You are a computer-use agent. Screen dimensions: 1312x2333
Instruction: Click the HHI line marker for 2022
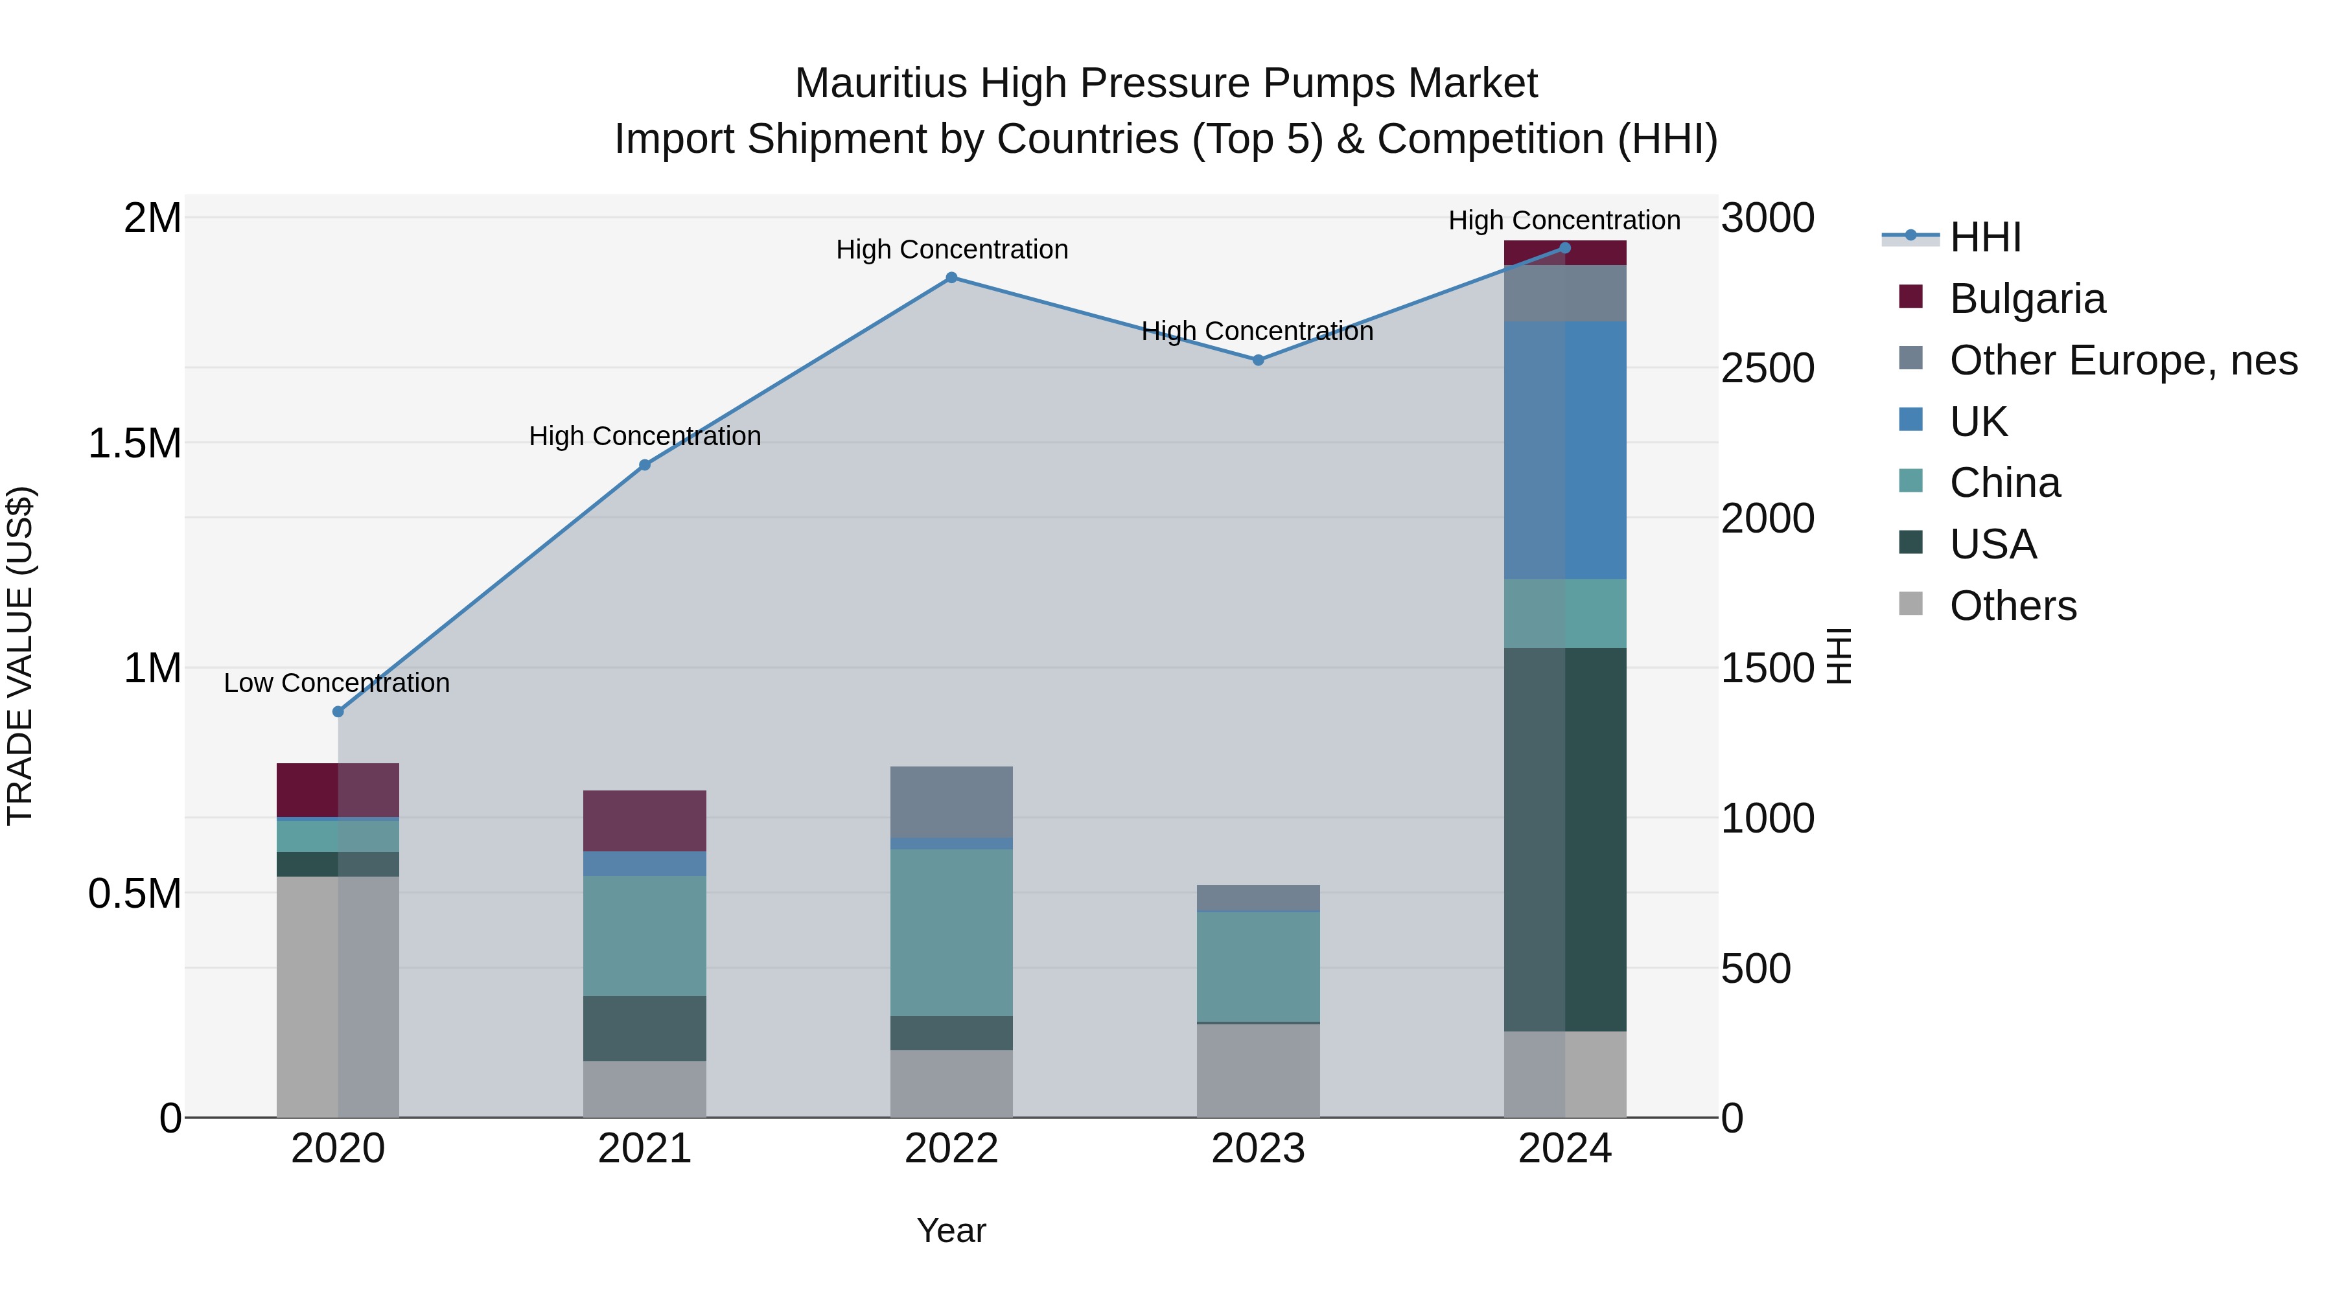(951, 278)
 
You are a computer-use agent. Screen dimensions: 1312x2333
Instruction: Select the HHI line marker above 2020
(338, 711)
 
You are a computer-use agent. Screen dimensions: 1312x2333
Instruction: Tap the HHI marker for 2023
(1258, 360)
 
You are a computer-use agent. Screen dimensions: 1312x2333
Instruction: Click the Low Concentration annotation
(337, 683)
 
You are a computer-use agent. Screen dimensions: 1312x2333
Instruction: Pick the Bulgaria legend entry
(2027, 299)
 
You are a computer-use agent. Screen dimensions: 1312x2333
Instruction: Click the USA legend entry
(1993, 544)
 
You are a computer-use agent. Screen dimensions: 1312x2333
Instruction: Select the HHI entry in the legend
(1984, 237)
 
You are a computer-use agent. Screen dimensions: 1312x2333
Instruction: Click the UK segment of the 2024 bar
(1565, 450)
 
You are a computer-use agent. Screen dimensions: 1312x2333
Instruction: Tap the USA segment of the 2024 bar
(1565, 838)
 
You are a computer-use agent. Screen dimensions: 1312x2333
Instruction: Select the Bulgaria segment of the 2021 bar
(644, 820)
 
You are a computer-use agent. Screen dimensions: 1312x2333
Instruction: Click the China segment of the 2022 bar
(951, 932)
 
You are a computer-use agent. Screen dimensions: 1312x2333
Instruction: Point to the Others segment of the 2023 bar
(1258, 1070)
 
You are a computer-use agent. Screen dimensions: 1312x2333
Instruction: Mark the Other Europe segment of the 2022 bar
(951, 801)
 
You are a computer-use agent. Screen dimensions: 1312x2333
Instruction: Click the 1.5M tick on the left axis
(134, 444)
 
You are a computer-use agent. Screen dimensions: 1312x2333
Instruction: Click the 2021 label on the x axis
(644, 1149)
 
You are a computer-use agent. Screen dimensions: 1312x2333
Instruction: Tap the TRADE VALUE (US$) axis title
(20, 656)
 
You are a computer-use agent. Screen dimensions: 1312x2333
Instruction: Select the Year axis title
(951, 1230)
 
